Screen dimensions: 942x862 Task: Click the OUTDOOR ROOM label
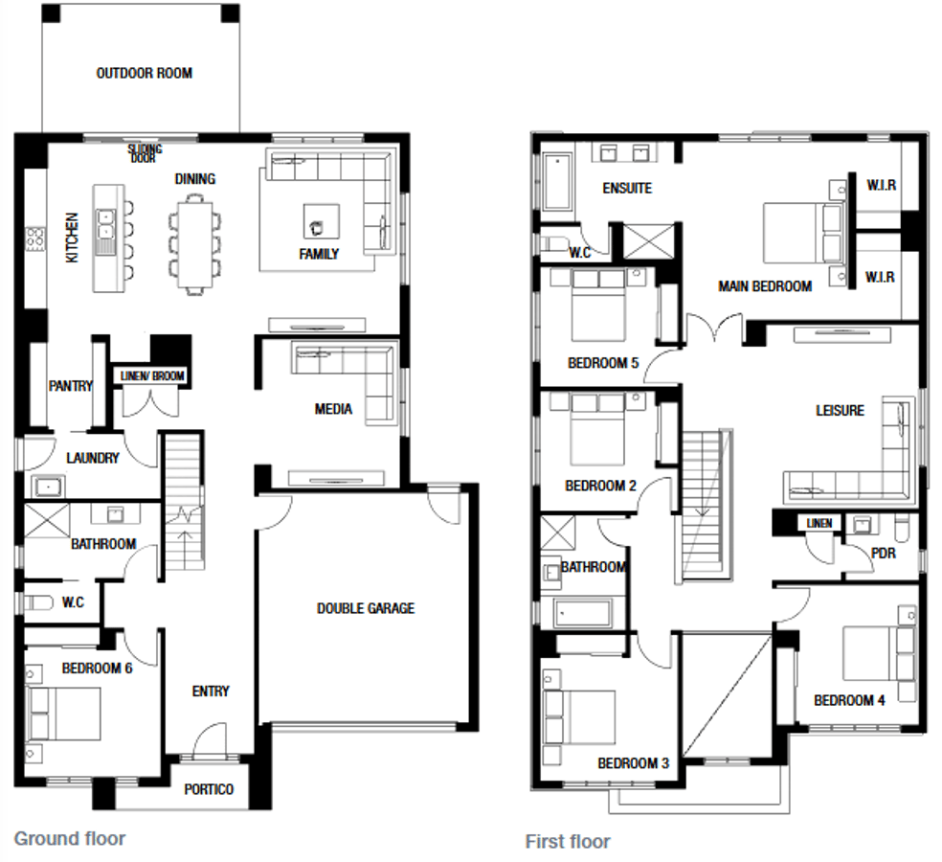click(x=145, y=74)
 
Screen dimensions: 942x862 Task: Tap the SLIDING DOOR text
click(x=145, y=153)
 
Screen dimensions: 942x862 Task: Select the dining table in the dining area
click(x=194, y=244)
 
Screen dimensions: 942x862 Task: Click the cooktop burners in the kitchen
click(x=34, y=238)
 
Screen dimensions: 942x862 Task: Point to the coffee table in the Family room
click(x=321, y=221)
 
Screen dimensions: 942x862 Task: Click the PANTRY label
click(x=71, y=385)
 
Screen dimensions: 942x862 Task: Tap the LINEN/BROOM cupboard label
click(x=152, y=376)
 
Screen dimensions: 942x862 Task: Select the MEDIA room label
click(x=333, y=409)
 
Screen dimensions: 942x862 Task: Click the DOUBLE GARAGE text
click(x=366, y=608)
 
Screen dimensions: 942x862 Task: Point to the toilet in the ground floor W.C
click(x=36, y=601)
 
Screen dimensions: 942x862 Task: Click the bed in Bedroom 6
click(x=62, y=714)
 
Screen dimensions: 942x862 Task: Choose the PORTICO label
click(x=209, y=789)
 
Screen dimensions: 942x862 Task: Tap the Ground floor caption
click(x=70, y=839)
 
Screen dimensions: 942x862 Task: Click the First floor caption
click(x=568, y=842)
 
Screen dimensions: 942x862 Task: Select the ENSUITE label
click(x=627, y=188)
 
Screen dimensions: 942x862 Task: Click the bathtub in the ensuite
click(x=557, y=181)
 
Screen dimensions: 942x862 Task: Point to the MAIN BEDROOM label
click(x=765, y=286)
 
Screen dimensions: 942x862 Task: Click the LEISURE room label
click(x=840, y=411)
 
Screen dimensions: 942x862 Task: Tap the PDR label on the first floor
click(x=883, y=553)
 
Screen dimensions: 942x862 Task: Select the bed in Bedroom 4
click(x=879, y=653)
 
